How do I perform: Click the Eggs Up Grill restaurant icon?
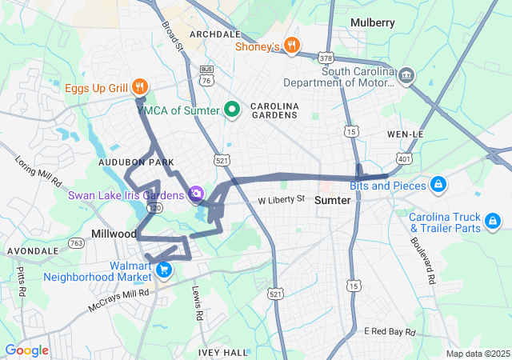[x=139, y=86]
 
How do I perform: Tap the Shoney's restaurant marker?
[x=292, y=46]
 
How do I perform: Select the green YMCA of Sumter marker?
[x=233, y=110]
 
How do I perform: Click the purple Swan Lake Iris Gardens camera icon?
[x=196, y=194]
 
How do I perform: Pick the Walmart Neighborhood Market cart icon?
[x=164, y=270]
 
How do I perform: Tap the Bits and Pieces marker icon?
[x=438, y=186]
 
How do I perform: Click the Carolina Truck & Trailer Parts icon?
[x=493, y=219]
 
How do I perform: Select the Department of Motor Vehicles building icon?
[x=406, y=75]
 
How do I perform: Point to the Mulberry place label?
[x=372, y=23]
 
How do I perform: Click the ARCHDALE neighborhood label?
[x=214, y=34]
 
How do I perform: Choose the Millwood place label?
[x=114, y=233]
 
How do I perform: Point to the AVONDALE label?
[x=33, y=250]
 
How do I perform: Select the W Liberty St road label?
[x=281, y=199]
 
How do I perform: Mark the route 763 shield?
[x=77, y=243]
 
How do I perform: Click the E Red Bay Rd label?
[x=391, y=331]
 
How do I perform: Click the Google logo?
[x=26, y=350]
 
